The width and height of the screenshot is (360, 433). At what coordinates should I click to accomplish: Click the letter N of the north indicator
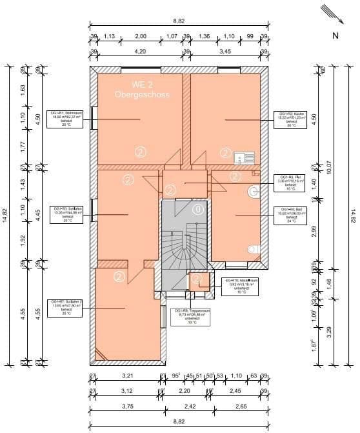335,35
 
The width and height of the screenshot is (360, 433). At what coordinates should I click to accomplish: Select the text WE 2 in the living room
141,85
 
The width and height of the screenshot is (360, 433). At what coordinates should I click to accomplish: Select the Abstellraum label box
241,285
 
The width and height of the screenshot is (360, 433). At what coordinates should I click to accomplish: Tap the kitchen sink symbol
245,157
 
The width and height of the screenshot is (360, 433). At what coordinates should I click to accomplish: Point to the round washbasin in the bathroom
254,191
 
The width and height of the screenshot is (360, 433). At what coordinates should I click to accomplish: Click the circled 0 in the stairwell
197,209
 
